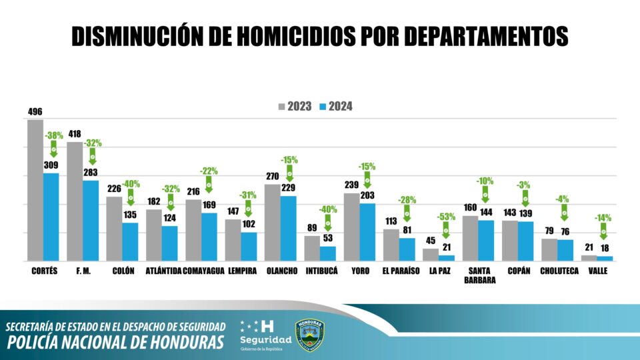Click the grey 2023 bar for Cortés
[x=35, y=190]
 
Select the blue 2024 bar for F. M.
[x=91, y=220]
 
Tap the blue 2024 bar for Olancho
[x=289, y=228]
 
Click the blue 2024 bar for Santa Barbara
[x=486, y=240]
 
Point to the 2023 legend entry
[x=295, y=106]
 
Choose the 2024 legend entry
[x=336, y=106]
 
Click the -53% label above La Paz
[x=447, y=217]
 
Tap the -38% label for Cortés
[x=54, y=135]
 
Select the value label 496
[x=35, y=112]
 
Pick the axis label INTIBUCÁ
[x=322, y=271]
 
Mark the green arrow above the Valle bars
[x=603, y=231]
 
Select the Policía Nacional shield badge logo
[x=311, y=333]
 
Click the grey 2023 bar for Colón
[x=114, y=228]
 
